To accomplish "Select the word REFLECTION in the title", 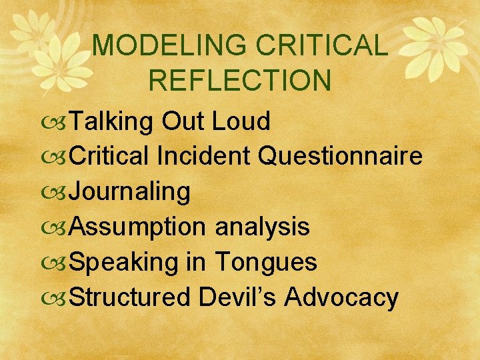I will click(239, 80).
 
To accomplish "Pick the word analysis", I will click(262, 227).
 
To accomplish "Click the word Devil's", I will click(237, 297).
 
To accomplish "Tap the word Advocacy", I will click(341, 297).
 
